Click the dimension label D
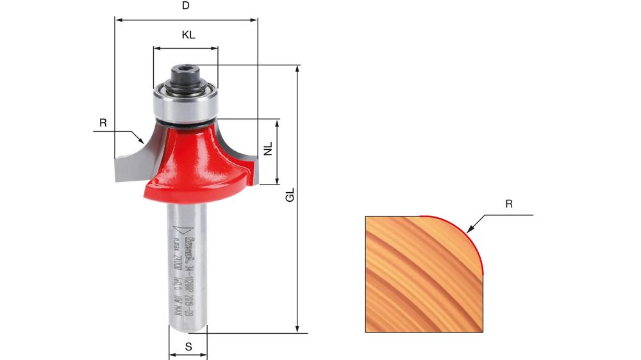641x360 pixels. pos(186,6)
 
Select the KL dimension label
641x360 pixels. pos(188,35)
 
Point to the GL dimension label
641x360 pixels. pos(290,195)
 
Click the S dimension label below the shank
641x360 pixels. pos(188,347)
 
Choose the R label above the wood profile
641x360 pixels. pos(509,204)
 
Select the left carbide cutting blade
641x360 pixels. pos(131,160)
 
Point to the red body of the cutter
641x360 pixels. pos(192,160)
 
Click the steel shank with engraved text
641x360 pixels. pos(187,269)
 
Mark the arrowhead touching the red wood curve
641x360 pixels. pos(470,229)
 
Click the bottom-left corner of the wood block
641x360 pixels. pos(366,332)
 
